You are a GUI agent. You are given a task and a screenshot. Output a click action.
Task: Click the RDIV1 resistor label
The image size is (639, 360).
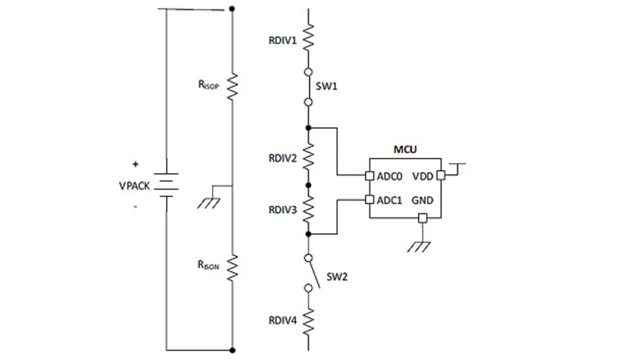(x=283, y=40)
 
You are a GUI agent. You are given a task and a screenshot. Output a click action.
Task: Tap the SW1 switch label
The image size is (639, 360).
(x=327, y=86)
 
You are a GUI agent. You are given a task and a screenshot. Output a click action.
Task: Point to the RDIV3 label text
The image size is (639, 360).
(x=283, y=210)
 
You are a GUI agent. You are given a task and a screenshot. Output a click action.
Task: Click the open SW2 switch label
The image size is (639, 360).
(x=337, y=277)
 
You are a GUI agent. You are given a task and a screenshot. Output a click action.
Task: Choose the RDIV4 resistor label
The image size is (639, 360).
(x=283, y=320)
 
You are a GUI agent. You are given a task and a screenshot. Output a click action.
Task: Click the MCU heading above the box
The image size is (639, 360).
(x=405, y=149)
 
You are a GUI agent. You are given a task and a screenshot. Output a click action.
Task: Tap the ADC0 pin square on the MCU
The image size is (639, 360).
(x=369, y=176)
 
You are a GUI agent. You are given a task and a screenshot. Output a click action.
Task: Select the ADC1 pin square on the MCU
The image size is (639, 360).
(x=369, y=200)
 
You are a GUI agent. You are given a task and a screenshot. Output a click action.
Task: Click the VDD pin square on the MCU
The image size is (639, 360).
(x=441, y=175)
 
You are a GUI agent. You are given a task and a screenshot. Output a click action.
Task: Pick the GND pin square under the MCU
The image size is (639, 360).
(x=422, y=218)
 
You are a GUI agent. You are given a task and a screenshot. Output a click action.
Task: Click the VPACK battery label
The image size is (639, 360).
(x=134, y=185)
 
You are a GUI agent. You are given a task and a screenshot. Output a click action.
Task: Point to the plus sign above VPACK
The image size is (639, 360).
(x=135, y=164)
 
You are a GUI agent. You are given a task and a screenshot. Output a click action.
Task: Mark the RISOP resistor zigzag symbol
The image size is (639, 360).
(x=232, y=86)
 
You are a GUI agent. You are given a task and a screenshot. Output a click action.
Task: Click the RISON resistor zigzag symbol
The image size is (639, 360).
(x=232, y=267)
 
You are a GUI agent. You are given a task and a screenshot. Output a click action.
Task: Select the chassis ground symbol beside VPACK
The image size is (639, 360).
(x=209, y=202)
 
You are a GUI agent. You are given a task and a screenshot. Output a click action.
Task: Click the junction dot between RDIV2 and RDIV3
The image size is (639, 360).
(x=309, y=185)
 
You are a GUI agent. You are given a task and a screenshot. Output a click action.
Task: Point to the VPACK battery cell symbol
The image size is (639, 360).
(x=166, y=185)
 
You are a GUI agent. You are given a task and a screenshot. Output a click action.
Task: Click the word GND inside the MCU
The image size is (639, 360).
(x=422, y=200)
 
